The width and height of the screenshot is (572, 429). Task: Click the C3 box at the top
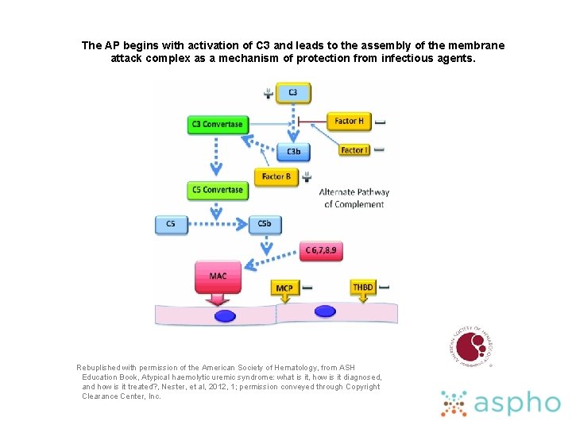[293, 93]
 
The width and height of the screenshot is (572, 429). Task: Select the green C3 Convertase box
[217, 125]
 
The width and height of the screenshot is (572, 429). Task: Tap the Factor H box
[349, 121]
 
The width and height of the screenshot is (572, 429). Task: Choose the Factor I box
[352, 150]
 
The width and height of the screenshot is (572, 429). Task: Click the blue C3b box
[293, 152]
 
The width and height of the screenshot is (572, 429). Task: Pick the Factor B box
[276, 176]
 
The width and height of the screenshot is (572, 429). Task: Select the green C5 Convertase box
[217, 191]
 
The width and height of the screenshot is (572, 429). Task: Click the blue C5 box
[171, 224]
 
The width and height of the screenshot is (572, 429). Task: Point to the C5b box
[265, 224]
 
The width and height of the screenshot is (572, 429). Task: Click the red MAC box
[218, 276]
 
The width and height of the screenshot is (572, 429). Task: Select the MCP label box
[284, 288]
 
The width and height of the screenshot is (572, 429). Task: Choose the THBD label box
[363, 287]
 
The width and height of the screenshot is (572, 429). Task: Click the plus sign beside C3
[269, 94]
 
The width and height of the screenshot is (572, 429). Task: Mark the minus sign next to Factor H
[381, 122]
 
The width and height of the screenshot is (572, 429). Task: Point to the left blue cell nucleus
[226, 315]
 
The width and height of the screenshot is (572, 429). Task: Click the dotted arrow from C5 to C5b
[217, 224]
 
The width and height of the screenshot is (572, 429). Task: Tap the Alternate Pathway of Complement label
[354, 199]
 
